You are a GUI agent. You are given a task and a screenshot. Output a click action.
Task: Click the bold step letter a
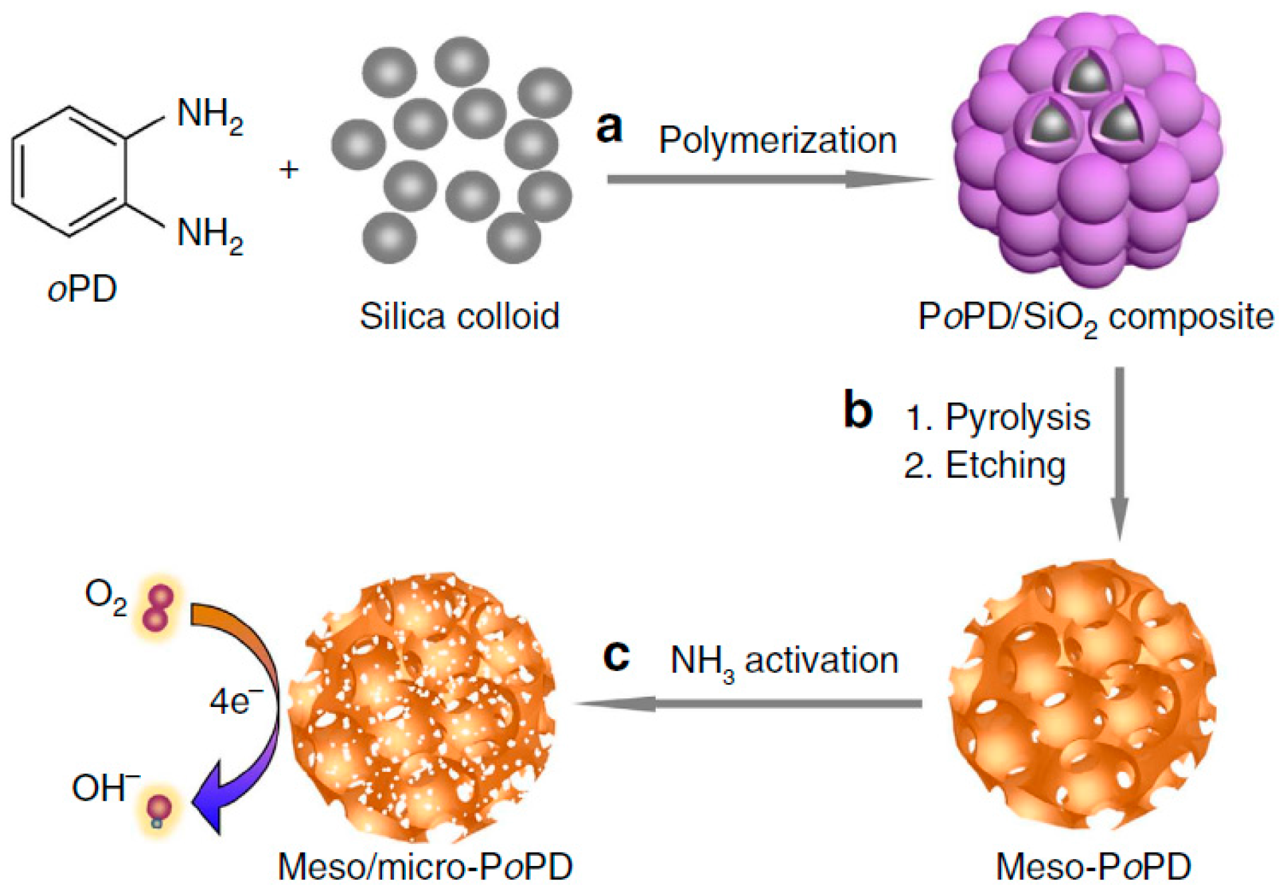coord(610,128)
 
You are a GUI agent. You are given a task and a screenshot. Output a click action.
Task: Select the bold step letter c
coord(616,656)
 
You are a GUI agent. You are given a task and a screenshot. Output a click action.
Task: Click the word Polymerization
coord(778,141)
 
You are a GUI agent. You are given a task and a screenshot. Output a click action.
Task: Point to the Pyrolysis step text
coord(998,418)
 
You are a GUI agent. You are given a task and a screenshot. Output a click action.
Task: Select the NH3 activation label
coord(784,662)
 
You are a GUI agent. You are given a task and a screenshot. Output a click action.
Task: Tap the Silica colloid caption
coord(459,316)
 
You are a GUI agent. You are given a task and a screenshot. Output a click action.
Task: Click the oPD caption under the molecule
coord(82,289)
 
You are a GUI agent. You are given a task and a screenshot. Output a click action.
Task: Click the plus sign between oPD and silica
coord(289,170)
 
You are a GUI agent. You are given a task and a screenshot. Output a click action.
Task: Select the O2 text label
coord(105,596)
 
